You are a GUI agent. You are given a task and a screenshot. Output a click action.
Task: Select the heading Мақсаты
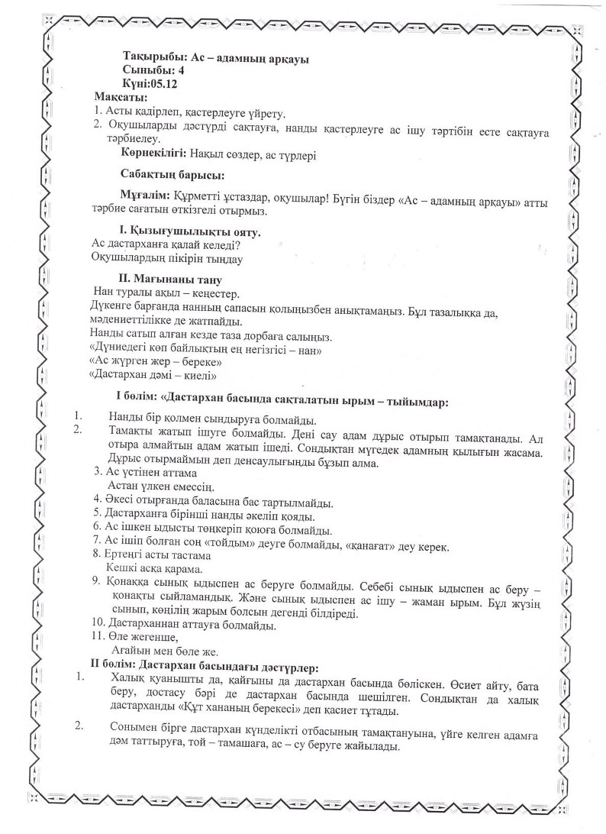[x=121, y=97]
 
